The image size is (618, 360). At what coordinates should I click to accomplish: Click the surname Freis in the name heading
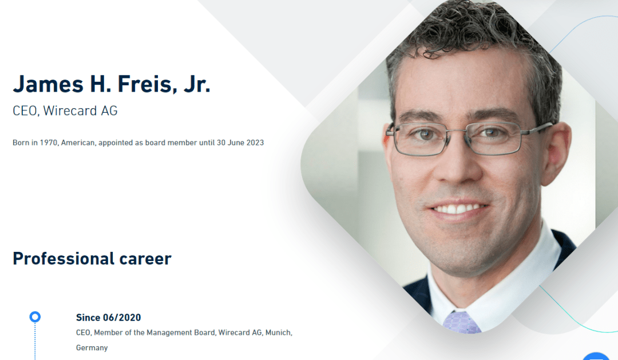(145, 84)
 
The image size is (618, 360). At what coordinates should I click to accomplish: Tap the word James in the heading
(48, 84)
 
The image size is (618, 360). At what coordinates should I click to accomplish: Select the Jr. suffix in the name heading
(197, 84)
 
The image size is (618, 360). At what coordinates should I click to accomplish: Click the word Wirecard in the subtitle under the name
(70, 111)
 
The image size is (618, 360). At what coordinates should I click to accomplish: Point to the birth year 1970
(49, 143)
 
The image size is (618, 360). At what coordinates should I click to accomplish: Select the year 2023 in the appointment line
(255, 143)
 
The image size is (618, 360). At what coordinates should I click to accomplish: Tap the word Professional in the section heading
(64, 259)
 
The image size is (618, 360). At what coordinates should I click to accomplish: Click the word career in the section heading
(145, 259)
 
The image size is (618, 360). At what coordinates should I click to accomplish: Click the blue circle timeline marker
(35, 317)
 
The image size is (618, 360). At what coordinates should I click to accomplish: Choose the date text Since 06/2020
(108, 318)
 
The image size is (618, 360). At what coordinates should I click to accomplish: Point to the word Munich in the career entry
(279, 333)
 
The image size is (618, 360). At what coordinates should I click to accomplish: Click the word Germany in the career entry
(92, 348)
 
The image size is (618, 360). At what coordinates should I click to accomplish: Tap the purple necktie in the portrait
(462, 323)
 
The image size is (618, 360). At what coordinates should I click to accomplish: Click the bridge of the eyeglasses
(458, 130)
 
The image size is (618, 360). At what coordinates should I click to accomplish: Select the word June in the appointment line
(236, 143)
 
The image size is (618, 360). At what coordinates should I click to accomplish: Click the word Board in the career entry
(204, 333)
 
